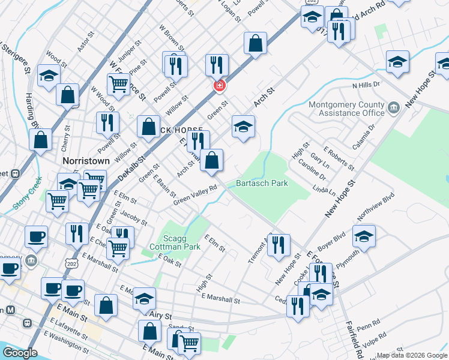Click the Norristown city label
(86, 161)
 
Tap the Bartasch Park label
(262, 183)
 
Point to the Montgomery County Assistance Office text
(346, 108)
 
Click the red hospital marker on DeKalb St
(220, 86)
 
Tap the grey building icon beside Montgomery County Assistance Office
(394, 107)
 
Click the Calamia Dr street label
(381, 133)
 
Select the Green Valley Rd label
(194, 197)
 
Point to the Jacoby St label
(134, 217)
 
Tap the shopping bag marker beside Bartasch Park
(211, 160)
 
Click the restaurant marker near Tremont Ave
(279, 245)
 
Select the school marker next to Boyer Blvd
(364, 236)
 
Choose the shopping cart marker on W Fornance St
(119, 83)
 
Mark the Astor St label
(85, 44)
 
